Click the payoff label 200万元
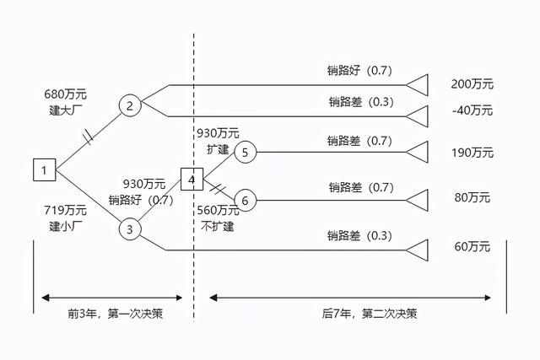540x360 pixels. tap(472, 84)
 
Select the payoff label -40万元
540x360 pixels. tap(472, 110)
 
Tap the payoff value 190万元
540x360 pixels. tap(472, 153)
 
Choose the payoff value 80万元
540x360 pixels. tap(472, 197)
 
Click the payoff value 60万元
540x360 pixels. tap(472, 246)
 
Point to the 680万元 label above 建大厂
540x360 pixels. tap(66, 94)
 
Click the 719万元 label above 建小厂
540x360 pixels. tap(66, 210)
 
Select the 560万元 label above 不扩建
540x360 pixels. tap(218, 210)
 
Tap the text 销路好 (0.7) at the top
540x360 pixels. tap(359, 71)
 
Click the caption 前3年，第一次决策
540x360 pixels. tap(115, 314)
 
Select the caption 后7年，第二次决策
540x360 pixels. tap(370, 314)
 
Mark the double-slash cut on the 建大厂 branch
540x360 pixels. tap(89, 137)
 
